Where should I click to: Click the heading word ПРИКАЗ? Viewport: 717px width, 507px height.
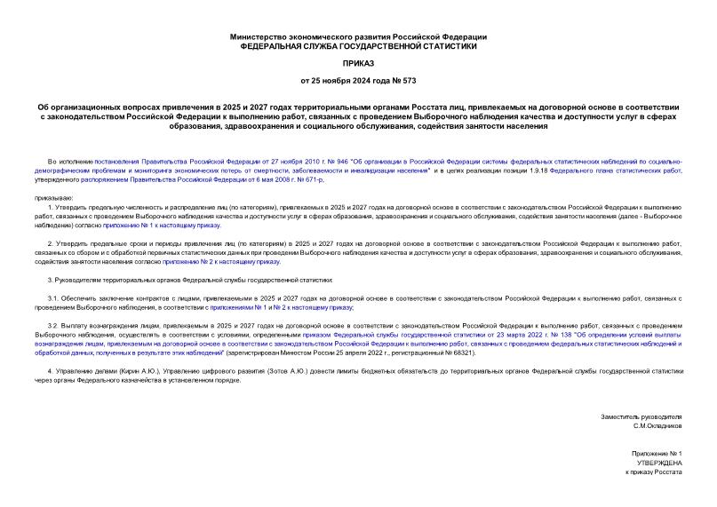pos(358,63)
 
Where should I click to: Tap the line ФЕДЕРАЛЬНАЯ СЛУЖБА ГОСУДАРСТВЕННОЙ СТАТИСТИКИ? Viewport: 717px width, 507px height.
pos(358,45)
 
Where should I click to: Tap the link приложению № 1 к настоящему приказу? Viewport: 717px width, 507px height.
pos(163,226)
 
